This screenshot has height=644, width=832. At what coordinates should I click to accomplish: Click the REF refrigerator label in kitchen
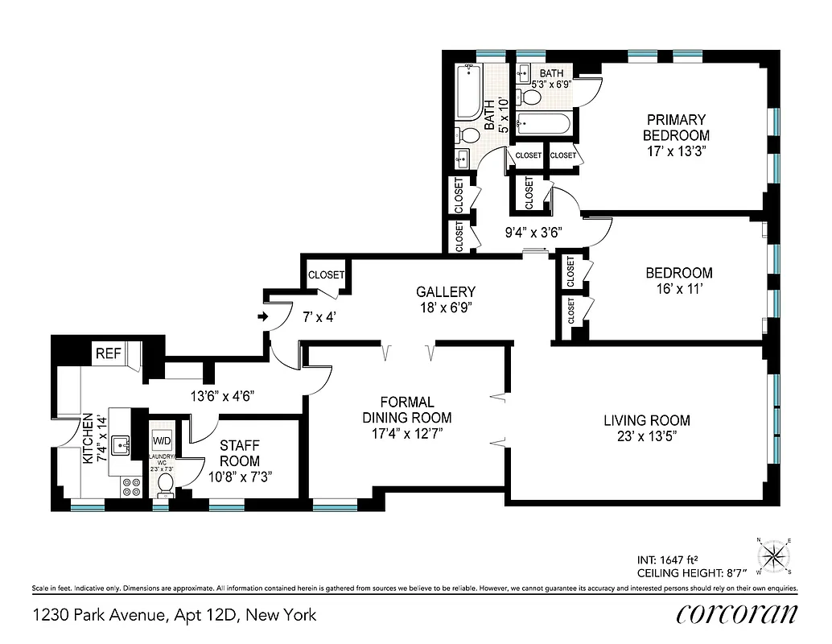point(108,353)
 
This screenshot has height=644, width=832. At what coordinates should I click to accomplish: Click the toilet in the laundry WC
point(166,482)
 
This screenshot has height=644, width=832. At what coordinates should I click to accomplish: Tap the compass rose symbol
point(774,556)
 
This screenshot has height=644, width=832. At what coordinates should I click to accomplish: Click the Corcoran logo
point(736,614)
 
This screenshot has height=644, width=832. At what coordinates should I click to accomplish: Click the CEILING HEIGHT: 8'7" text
point(691,572)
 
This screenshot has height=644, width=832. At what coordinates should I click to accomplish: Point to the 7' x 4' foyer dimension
point(319,317)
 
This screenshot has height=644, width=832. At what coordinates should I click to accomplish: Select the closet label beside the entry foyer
point(326,275)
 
